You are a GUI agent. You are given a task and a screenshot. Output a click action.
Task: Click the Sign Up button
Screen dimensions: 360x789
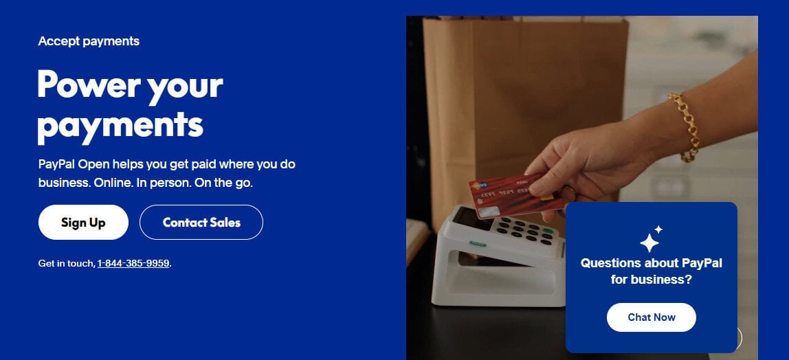point(83,223)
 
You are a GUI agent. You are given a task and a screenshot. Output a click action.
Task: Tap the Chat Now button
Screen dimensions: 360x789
point(651,317)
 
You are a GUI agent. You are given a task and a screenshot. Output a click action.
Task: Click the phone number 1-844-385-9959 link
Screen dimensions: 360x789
point(133,263)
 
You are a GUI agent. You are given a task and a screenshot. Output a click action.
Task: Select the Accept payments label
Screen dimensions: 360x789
point(89,41)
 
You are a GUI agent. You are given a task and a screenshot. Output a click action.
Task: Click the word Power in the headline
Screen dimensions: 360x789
point(81,85)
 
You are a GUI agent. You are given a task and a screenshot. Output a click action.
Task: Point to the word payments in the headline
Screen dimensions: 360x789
point(120,125)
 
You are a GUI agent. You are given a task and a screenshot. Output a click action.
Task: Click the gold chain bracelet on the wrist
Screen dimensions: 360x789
point(685,128)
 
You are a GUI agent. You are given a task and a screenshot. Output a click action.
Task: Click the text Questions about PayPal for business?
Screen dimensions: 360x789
point(651,271)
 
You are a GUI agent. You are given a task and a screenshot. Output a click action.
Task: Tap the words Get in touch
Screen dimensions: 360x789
point(66,263)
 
